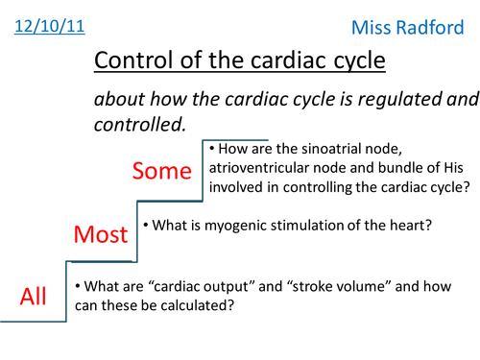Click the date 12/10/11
[49, 23]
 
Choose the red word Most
[102, 234]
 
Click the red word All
[34, 297]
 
